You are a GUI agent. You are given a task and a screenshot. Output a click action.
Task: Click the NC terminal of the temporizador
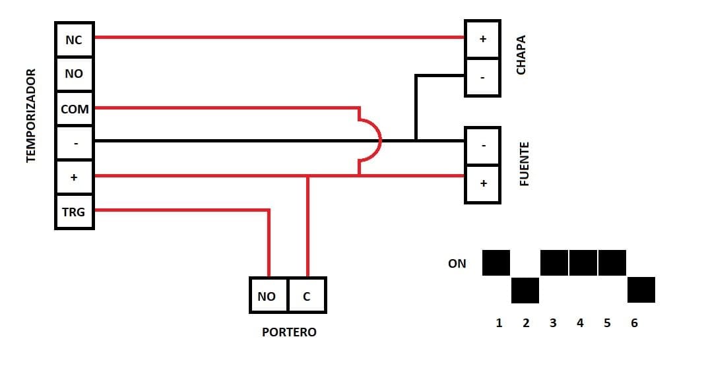tap(74, 40)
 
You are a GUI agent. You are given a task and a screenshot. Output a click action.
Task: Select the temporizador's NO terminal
tap(74, 74)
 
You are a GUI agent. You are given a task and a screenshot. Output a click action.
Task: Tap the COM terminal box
tap(74, 109)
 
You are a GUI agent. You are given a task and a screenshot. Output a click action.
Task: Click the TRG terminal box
tap(74, 212)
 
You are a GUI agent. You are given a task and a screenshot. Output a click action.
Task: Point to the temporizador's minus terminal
tap(74, 143)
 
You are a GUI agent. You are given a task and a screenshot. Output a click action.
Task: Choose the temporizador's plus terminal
tap(74, 177)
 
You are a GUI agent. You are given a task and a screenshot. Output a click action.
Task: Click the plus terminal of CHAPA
tap(482, 39)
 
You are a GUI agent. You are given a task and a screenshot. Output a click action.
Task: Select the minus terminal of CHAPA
tap(482, 77)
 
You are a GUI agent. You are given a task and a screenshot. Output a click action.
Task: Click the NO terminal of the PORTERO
tap(267, 296)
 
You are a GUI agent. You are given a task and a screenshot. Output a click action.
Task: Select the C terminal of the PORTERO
tap(306, 296)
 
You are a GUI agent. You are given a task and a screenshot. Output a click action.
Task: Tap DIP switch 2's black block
tap(525, 290)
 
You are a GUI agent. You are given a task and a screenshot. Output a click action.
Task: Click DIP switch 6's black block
tap(641, 290)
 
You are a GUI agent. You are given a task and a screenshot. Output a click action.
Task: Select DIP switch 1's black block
tap(496, 262)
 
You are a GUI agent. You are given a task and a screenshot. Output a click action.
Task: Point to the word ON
tap(457, 264)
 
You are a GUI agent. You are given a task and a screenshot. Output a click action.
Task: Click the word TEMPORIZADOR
tap(30, 115)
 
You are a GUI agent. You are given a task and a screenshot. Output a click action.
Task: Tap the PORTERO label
tap(289, 332)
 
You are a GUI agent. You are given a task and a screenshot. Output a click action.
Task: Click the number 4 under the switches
tap(580, 323)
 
